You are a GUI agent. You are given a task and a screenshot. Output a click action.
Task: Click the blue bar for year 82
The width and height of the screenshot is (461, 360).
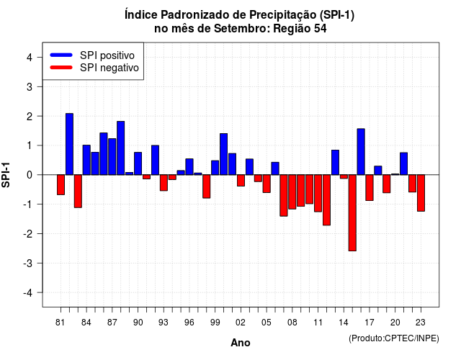(69, 144)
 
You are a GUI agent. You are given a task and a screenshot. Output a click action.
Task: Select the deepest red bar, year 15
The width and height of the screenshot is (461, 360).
(352, 213)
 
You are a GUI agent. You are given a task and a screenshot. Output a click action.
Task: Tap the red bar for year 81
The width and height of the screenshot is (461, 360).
(61, 184)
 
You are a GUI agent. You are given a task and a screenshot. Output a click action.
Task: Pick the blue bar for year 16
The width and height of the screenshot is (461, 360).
(361, 152)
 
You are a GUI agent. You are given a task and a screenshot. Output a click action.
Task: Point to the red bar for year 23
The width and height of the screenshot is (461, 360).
(421, 193)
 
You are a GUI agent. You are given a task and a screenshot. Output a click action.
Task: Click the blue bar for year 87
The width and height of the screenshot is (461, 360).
(112, 157)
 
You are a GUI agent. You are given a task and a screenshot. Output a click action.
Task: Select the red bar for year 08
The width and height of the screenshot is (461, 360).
(292, 192)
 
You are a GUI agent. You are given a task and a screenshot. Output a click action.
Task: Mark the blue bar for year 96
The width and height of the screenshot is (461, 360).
(189, 166)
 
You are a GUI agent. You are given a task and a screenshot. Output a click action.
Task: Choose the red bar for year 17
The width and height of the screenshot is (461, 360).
(370, 187)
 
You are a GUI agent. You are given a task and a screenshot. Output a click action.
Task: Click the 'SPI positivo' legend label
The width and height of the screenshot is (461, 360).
(107, 55)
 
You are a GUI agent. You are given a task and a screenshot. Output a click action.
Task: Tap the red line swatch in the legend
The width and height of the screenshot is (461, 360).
(61, 68)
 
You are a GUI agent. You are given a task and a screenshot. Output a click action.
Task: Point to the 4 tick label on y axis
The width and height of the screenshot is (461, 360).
(30, 58)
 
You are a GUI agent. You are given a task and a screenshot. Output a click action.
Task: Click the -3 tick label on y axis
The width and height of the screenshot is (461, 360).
(27, 263)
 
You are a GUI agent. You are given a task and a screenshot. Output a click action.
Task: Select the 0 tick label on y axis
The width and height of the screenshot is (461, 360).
(30, 175)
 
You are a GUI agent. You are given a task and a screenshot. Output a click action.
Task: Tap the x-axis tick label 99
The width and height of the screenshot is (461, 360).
(215, 323)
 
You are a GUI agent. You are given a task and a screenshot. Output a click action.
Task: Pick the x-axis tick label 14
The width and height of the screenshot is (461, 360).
(344, 323)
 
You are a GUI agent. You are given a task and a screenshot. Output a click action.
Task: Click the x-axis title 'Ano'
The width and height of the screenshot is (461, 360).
(241, 343)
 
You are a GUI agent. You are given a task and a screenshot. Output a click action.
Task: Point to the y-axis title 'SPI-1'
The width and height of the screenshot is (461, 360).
(6, 175)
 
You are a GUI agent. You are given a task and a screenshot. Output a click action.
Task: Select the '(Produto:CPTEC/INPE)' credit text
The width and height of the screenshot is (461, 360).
(394, 338)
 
